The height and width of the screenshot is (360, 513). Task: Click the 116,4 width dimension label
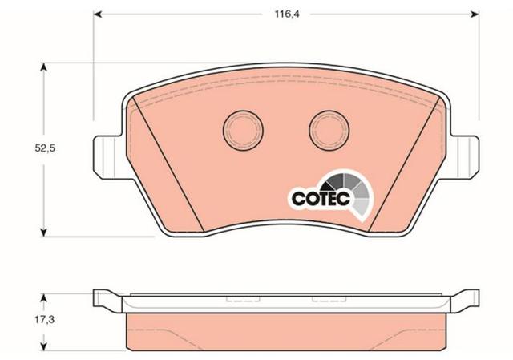tap(287, 14)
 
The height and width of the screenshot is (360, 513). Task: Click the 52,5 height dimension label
tap(45, 148)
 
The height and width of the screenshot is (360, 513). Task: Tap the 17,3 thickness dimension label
tap(45, 320)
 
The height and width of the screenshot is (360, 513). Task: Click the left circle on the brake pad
tap(243, 130)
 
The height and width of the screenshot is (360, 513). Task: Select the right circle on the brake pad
tap(329, 130)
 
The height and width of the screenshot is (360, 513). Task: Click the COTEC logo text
tap(321, 199)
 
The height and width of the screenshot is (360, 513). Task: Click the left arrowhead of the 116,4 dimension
tap(98, 14)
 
